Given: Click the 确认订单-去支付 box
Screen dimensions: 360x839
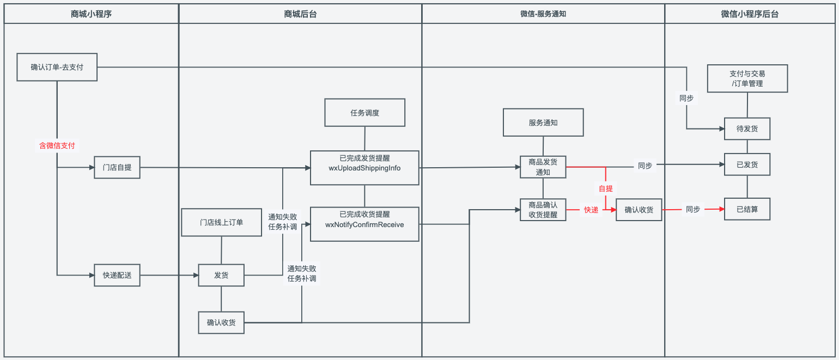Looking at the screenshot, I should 57,67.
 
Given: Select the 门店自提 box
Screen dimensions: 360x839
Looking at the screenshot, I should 117,167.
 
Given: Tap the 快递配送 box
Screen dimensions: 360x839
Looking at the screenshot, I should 117,275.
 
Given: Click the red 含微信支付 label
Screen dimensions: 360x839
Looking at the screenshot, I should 57,145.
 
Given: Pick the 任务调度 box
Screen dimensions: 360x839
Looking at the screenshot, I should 364,113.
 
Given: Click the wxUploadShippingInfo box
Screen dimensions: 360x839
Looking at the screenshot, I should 364,168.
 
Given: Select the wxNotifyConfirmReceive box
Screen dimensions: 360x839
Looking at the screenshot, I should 364,224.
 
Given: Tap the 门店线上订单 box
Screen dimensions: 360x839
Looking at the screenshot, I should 221,222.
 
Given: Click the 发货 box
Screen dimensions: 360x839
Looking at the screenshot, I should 221,275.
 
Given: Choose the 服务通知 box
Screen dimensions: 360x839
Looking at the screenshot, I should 543,122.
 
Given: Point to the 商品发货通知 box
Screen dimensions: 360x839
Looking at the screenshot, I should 543,167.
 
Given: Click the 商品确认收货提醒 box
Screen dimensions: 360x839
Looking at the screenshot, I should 543,210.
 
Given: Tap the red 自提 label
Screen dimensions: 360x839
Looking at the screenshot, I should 606,188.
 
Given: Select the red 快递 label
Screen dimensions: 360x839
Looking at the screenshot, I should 591,210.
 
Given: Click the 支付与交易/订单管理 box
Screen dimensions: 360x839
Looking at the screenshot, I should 747,78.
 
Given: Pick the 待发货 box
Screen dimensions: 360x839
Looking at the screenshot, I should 747,129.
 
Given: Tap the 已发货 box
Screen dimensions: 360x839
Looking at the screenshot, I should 747,164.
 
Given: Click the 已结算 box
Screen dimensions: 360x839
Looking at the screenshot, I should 747,209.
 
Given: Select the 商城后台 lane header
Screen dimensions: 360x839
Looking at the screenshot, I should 300,14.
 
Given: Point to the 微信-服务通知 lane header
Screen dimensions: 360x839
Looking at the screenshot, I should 543,14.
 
